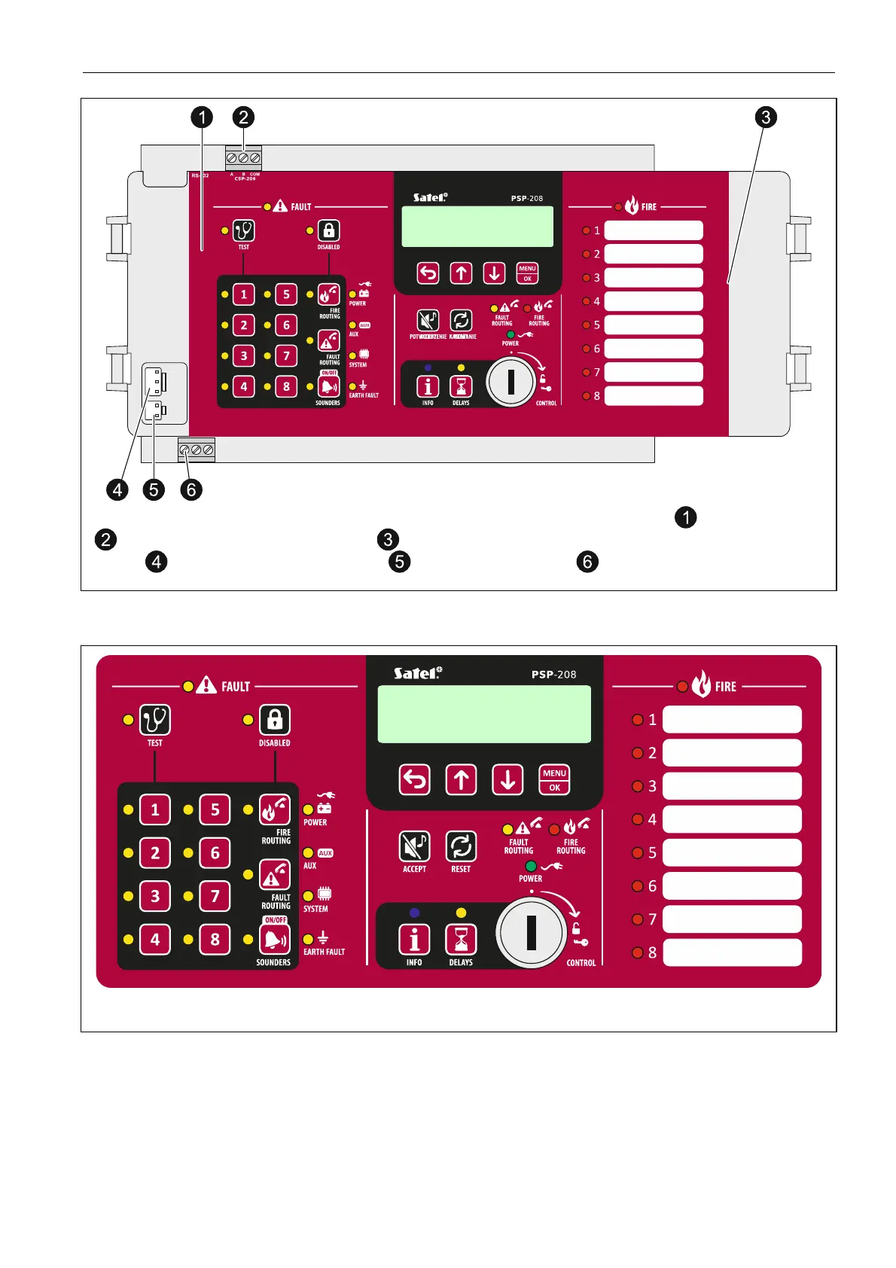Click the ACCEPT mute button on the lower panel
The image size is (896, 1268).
pyautogui.click(x=414, y=846)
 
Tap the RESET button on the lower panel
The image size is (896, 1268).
pyautogui.click(x=461, y=846)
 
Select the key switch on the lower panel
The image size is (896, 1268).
pyautogui.click(x=531, y=933)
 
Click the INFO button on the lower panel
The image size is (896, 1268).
pyautogui.click(x=414, y=940)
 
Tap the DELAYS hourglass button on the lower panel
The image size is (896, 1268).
pyautogui.click(x=461, y=940)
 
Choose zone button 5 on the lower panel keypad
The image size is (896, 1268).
pyautogui.click(x=215, y=810)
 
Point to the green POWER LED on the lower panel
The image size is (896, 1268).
pyautogui.click(x=531, y=867)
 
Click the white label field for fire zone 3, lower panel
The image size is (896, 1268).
pyautogui.click(x=732, y=786)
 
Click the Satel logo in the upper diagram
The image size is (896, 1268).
pyautogui.click(x=430, y=197)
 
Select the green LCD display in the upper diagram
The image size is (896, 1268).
pyautogui.click(x=477, y=227)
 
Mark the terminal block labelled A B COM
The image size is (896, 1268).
pyautogui.click(x=243, y=158)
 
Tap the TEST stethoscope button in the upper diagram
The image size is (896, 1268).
pyautogui.click(x=243, y=230)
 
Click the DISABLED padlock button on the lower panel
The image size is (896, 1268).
pyautogui.click(x=275, y=720)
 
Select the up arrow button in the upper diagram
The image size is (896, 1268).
pyautogui.click(x=461, y=273)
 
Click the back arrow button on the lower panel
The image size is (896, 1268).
pyautogui.click(x=414, y=780)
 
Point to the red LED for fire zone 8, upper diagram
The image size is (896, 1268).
pyautogui.click(x=587, y=396)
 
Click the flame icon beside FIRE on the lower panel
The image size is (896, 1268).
pyautogui.click(x=701, y=684)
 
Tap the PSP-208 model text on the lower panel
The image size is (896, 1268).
pyautogui.click(x=553, y=675)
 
